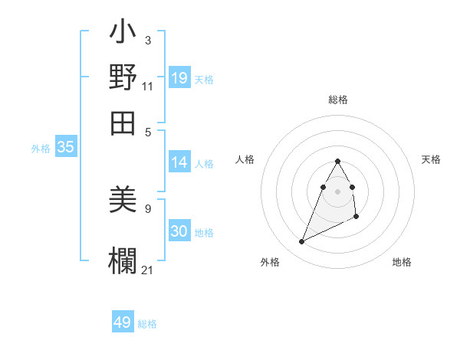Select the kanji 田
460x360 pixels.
click(x=123, y=121)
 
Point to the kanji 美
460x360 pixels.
click(x=123, y=201)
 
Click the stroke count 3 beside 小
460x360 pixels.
click(x=147, y=40)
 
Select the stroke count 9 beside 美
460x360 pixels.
click(x=147, y=207)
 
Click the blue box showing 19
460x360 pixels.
click(x=179, y=77)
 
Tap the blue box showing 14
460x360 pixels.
click(x=179, y=162)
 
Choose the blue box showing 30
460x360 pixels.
click(x=179, y=231)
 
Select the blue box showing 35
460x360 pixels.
click(x=65, y=148)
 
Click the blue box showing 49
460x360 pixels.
click(x=123, y=322)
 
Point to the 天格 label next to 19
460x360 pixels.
click(x=204, y=79)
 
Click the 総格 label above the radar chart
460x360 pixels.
click(x=338, y=100)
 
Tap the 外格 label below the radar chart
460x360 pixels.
click(x=270, y=262)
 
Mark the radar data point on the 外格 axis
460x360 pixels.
click(x=301, y=242)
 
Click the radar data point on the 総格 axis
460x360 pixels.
click(x=337, y=162)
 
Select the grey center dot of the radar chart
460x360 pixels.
click(x=337, y=191)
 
